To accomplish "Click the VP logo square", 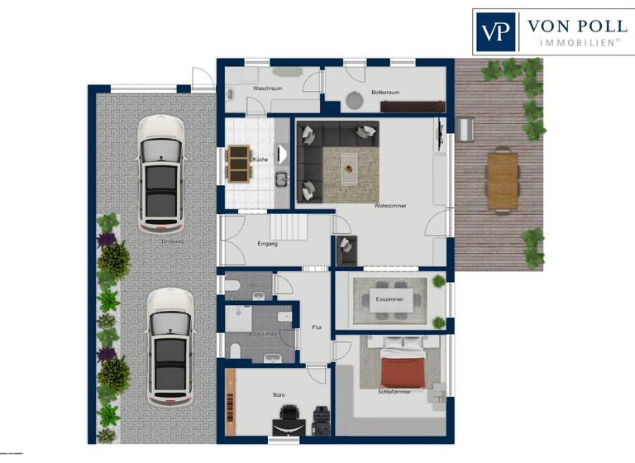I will click(495, 32).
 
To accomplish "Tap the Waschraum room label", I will click(269, 88).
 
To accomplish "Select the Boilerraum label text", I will click(385, 92).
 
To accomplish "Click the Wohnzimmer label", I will click(390, 205).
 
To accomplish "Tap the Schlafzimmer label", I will click(394, 390).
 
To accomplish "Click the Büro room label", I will click(279, 395).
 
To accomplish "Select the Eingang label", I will click(267, 244).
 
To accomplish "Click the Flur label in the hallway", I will click(316, 327).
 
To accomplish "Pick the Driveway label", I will click(173, 241).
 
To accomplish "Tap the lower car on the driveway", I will click(170, 346).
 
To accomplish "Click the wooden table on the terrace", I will click(502, 178).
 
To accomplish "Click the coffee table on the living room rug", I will click(350, 163).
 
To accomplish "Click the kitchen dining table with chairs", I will click(238, 163).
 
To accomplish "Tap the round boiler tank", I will click(354, 101).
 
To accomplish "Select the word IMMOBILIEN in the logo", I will click(580, 41).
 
